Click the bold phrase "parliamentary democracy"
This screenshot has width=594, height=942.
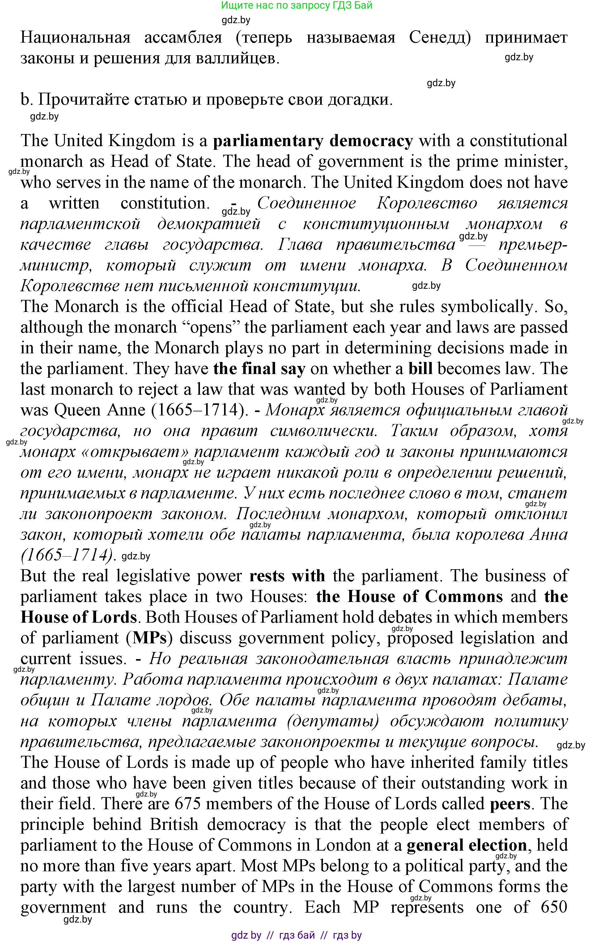click(x=312, y=141)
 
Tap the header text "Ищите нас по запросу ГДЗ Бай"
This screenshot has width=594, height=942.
click(x=296, y=6)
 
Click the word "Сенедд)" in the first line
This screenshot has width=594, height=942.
click(x=440, y=38)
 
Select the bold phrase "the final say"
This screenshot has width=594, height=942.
click(x=259, y=369)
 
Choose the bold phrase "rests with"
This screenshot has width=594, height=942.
click(x=287, y=576)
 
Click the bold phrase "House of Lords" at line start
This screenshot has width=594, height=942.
click(x=78, y=617)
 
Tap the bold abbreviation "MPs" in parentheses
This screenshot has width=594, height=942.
click(x=150, y=638)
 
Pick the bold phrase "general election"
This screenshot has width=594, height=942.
click(x=467, y=845)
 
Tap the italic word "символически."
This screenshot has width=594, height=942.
click(x=324, y=431)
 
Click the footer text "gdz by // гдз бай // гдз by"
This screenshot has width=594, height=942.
click(x=296, y=935)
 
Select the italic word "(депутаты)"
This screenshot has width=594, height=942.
click(x=333, y=721)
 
